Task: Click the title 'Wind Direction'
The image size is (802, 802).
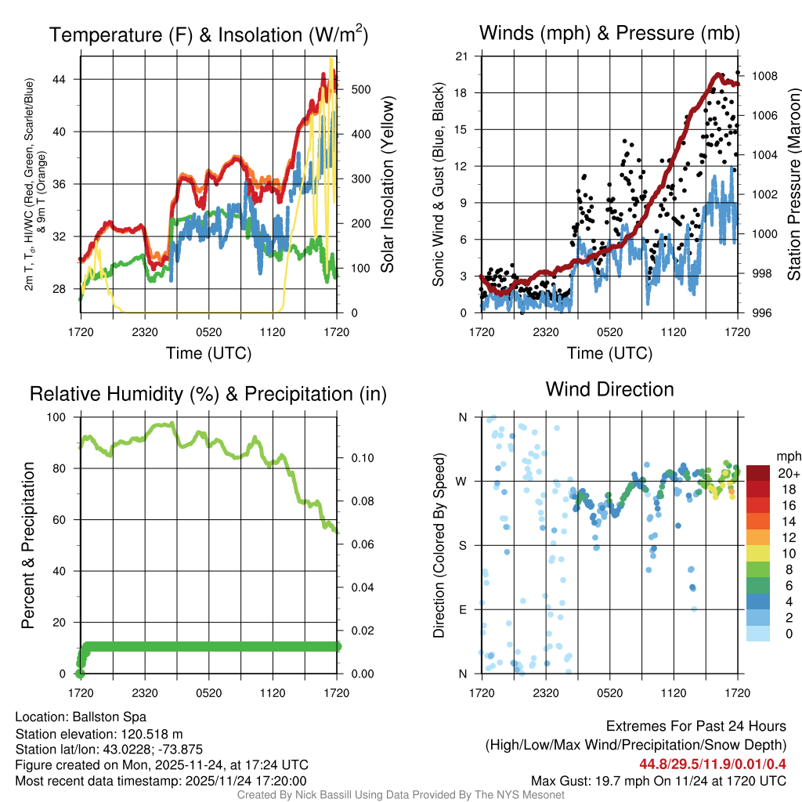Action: [609, 389]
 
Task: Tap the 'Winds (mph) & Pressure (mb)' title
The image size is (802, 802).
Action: [609, 34]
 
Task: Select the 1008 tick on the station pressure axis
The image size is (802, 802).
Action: [763, 76]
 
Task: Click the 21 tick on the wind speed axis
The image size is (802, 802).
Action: [461, 56]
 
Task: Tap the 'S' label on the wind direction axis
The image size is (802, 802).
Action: [462, 545]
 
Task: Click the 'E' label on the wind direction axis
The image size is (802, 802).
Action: [462, 609]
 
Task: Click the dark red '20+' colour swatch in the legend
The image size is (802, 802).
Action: [760, 473]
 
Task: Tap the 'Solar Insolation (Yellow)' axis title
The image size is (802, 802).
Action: [388, 184]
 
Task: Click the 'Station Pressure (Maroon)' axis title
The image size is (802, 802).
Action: [793, 184]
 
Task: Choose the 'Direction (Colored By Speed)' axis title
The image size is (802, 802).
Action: [439, 544]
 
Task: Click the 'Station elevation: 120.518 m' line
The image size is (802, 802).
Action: [99, 734]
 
